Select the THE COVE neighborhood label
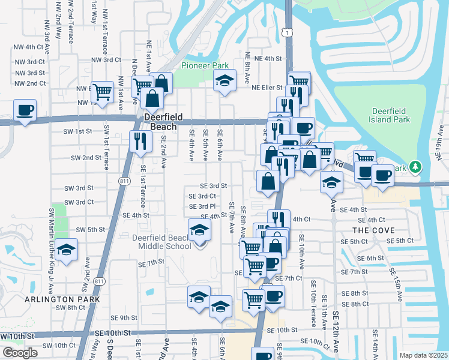pos(373,230)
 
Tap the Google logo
pos(20,353)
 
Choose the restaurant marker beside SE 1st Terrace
pos(139,142)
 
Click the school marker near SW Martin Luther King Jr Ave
pos(67,250)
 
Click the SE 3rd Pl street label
pos(202,206)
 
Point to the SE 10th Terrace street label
pos(313,306)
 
